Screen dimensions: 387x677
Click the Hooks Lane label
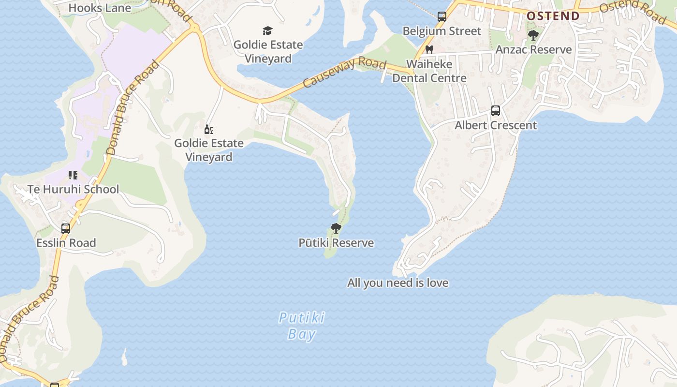click(100, 8)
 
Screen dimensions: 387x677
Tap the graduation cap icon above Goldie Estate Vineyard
click(267, 31)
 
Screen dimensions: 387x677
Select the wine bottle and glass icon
click(209, 129)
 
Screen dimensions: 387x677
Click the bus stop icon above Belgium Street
click(442, 17)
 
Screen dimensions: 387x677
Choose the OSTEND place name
click(553, 16)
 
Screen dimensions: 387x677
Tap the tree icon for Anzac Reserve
click(533, 35)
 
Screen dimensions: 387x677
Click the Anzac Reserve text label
click(533, 49)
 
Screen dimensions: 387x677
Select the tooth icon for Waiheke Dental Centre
click(429, 49)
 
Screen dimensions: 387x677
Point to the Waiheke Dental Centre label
click(429, 71)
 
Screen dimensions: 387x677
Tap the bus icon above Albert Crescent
click(496, 111)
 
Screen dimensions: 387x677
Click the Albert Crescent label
click(496, 125)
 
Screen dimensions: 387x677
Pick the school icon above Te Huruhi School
click(73, 175)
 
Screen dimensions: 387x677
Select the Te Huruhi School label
click(73, 189)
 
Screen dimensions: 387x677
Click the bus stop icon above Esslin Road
click(66, 229)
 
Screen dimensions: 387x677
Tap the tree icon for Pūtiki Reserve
click(336, 228)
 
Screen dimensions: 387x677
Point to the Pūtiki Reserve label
click(336, 243)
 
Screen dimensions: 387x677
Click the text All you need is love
click(397, 283)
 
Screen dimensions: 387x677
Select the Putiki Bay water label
click(302, 326)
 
